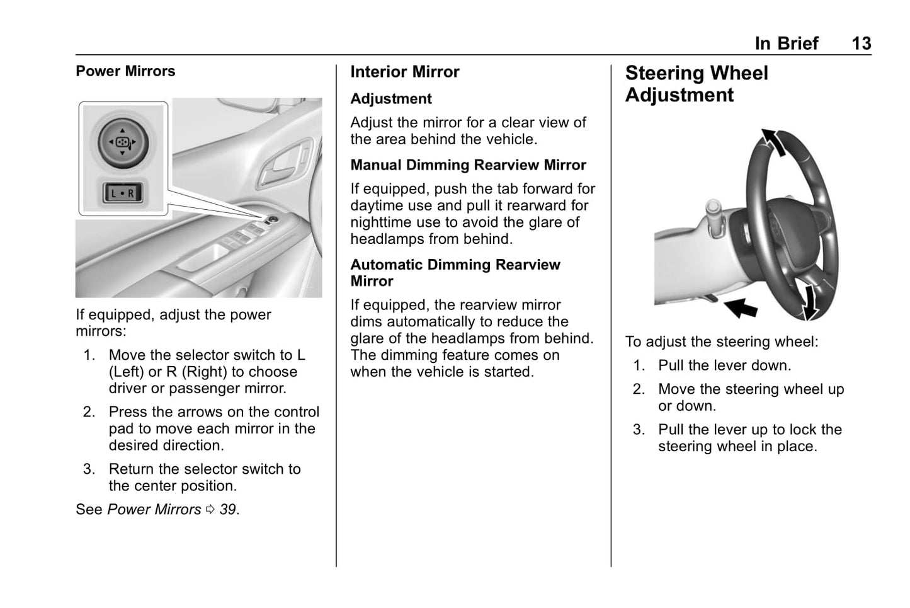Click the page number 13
click(x=861, y=43)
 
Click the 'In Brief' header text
click(x=786, y=43)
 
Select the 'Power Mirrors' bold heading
click(x=125, y=71)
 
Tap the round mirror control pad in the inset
click(x=123, y=142)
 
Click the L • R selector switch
click(x=123, y=193)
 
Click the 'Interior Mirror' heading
click(x=404, y=72)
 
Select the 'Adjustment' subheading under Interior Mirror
click(x=390, y=99)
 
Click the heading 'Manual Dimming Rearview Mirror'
click(x=468, y=165)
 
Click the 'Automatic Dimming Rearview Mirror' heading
click(x=455, y=273)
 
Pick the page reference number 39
click(x=228, y=509)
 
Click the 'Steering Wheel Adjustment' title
click(x=696, y=84)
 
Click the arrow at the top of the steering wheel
click(x=774, y=141)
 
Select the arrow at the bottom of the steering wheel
click(x=810, y=301)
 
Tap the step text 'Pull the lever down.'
click(x=724, y=365)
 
